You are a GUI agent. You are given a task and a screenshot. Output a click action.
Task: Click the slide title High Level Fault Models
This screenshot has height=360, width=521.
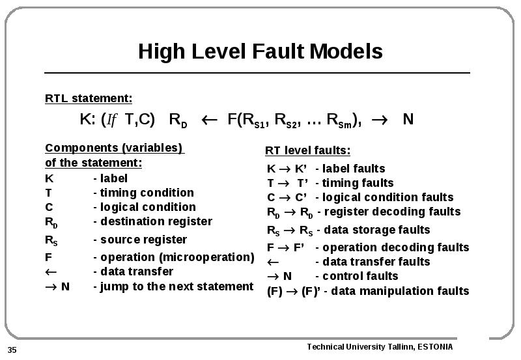coord(260,51)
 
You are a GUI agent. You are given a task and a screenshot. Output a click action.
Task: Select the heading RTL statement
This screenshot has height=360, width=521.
coord(89,99)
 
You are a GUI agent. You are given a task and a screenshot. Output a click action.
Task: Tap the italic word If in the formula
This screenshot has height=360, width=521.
coord(111,120)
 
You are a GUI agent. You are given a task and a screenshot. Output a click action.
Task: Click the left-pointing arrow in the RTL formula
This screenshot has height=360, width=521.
coord(209,120)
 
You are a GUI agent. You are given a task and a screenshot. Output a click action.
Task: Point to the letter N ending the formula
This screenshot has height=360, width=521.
coord(408,119)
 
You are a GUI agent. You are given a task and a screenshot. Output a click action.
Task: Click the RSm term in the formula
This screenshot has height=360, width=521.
coord(339,120)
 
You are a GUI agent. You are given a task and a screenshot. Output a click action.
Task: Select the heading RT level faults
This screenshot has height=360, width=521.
coord(307,150)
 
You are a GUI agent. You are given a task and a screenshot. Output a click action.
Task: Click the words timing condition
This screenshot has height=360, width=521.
coord(147,193)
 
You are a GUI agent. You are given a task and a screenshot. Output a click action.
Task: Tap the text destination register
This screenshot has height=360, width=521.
coord(156,221)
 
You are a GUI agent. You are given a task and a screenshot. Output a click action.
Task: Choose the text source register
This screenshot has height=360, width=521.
coord(143,240)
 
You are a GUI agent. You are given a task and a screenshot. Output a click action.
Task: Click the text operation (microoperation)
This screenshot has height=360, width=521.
coord(177,257)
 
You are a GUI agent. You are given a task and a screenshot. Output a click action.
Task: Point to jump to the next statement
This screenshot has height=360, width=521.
coord(176,286)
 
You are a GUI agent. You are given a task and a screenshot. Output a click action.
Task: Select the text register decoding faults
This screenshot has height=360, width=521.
coord(393,212)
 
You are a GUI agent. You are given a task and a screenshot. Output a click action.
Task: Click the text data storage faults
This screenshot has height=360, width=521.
coord(377,230)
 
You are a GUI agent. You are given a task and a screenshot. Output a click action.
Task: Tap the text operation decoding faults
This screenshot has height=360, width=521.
coord(396,247)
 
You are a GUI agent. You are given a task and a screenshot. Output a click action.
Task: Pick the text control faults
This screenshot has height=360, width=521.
coord(360,276)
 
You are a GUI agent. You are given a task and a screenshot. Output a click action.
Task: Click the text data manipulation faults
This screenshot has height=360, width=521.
coord(400,291)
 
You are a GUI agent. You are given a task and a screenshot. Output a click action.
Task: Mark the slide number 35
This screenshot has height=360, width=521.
coord(12,350)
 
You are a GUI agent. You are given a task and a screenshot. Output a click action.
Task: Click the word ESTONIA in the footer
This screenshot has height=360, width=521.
coord(435,347)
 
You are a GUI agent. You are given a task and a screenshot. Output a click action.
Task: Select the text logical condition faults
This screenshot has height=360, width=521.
coord(387,197)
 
